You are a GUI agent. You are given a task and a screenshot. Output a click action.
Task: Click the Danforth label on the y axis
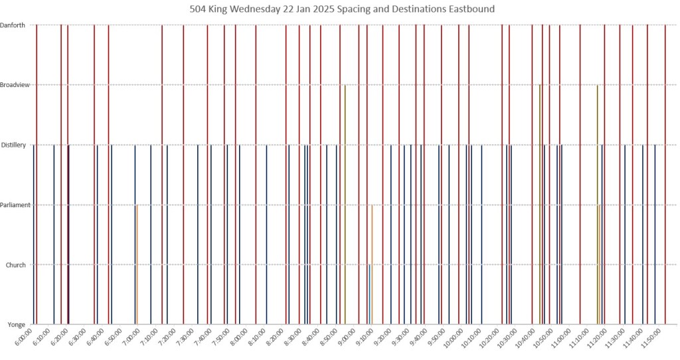tap(13, 25)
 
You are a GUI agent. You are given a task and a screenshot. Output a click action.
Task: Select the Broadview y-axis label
tap(15, 85)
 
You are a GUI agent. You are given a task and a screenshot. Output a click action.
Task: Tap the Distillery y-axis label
tap(15, 145)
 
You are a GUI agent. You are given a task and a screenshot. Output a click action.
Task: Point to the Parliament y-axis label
tap(15, 205)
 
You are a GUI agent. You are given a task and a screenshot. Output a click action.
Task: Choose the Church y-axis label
tap(15, 265)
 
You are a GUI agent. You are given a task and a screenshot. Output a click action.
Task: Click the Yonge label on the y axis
tap(17, 325)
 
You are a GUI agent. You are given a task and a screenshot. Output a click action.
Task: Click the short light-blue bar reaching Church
tap(369, 296)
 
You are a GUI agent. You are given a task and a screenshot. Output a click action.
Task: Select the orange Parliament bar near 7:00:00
tap(137, 266)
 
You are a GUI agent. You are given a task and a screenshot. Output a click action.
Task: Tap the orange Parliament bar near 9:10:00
tap(372, 266)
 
